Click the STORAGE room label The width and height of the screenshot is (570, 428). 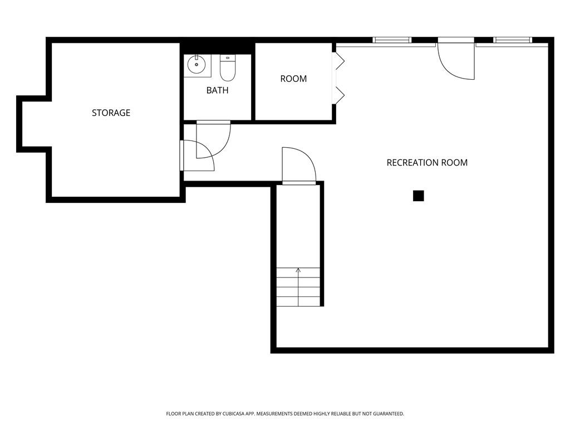point(111,113)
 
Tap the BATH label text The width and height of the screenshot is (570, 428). point(218,90)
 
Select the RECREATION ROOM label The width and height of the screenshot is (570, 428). point(427,163)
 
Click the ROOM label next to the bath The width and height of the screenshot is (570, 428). point(293,79)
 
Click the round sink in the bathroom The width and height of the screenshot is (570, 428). point(196,65)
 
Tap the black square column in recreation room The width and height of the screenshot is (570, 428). point(419,196)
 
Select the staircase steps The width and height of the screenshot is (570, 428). point(298,287)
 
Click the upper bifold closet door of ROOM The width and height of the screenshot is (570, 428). point(340,61)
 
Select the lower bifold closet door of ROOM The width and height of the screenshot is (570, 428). point(340,95)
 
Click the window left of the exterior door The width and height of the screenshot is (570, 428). point(392,40)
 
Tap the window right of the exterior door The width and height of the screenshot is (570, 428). point(513,40)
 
